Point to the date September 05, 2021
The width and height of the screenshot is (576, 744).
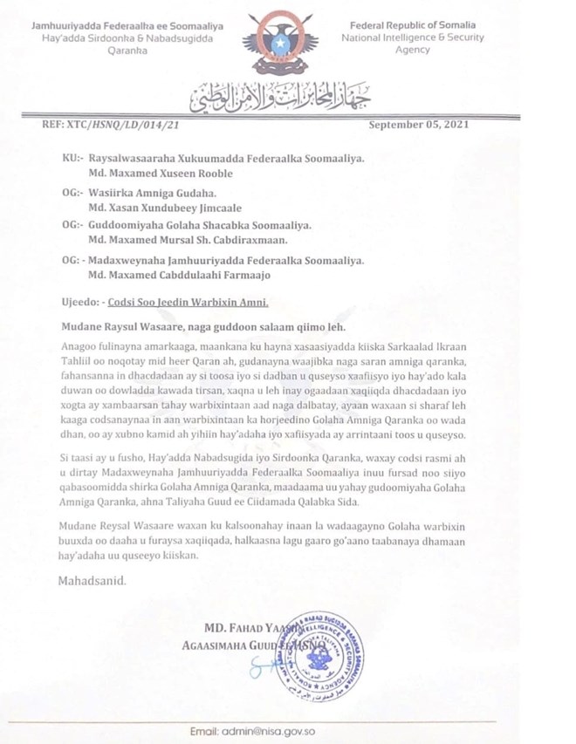(x=419, y=126)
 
